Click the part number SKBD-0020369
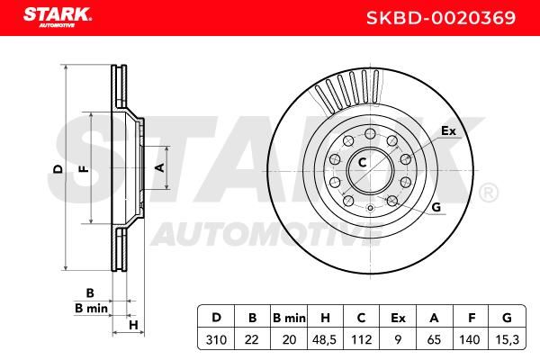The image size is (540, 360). (x=441, y=18)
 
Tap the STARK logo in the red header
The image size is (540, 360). (x=58, y=17)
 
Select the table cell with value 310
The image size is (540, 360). (x=216, y=339)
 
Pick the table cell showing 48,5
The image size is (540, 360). (x=324, y=339)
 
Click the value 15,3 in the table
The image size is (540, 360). (x=507, y=339)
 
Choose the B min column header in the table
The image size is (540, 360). (x=289, y=318)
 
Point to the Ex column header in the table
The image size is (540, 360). (x=398, y=318)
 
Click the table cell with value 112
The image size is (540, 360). (x=361, y=339)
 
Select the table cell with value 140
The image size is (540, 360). (x=470, y=339)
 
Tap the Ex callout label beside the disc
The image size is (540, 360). (x=448, y=130)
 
